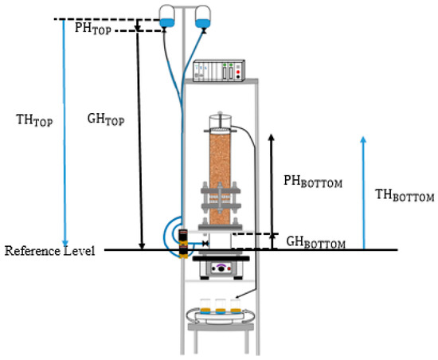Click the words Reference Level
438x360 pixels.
[50, 251]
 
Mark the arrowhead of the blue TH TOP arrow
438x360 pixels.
[66, 243]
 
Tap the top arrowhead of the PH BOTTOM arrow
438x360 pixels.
[271, 137]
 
